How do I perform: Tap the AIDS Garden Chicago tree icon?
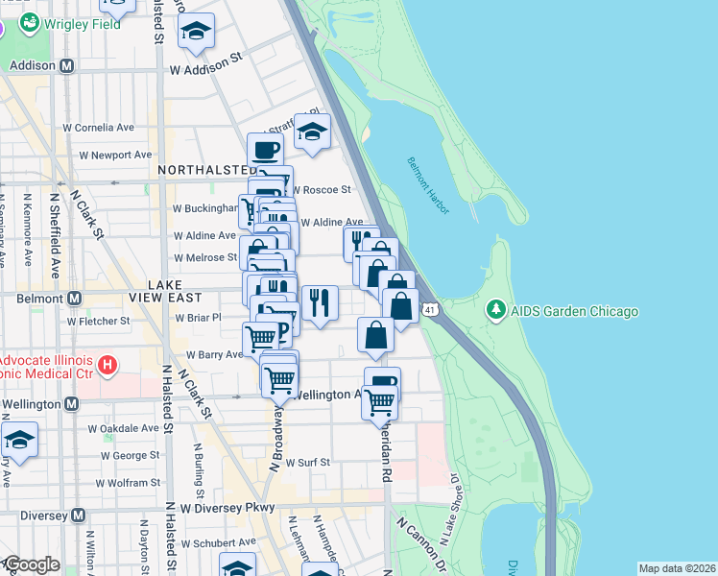(x=495, y=311)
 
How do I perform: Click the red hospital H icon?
(x=108, y=365)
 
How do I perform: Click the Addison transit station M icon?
(x=67, y=66)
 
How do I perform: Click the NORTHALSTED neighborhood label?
(x=202, y=169)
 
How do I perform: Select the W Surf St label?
(x=307, y=462)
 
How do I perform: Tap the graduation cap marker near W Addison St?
(x=197, y=32)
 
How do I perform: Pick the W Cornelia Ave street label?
(x=99, y=127)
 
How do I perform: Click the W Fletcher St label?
(x=98, y=321)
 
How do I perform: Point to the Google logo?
(x=32, y=564)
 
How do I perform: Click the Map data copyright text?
(x=676, y=568)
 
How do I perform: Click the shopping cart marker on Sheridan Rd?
(x=380, y=403)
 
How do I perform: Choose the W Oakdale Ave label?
(x=123, y=429)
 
